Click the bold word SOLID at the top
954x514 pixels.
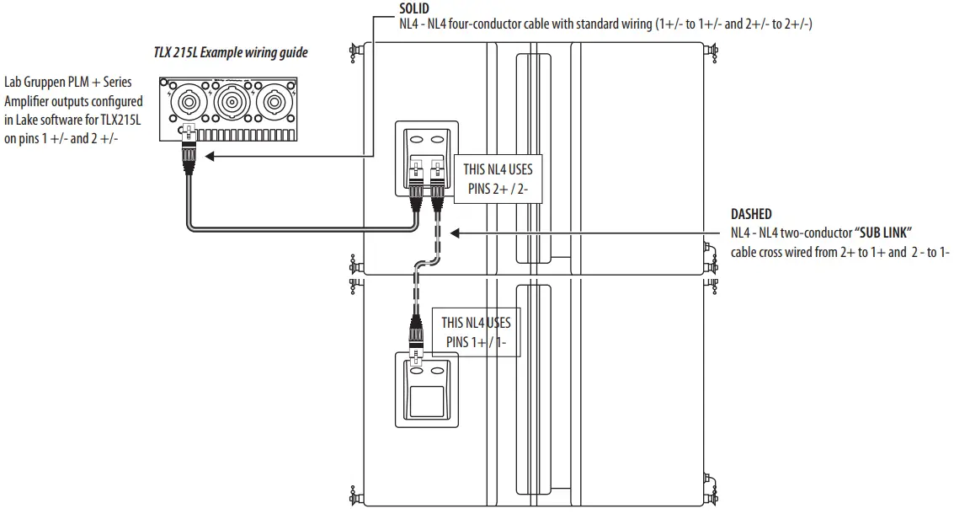coord(414,8)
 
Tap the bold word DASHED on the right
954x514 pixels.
coord(750,215)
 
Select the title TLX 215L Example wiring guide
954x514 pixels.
coord(230,53)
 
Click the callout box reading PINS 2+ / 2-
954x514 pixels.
coord(497,178)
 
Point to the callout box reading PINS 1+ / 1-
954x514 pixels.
coord(476,331)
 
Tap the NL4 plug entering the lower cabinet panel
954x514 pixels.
coord(416,337)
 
